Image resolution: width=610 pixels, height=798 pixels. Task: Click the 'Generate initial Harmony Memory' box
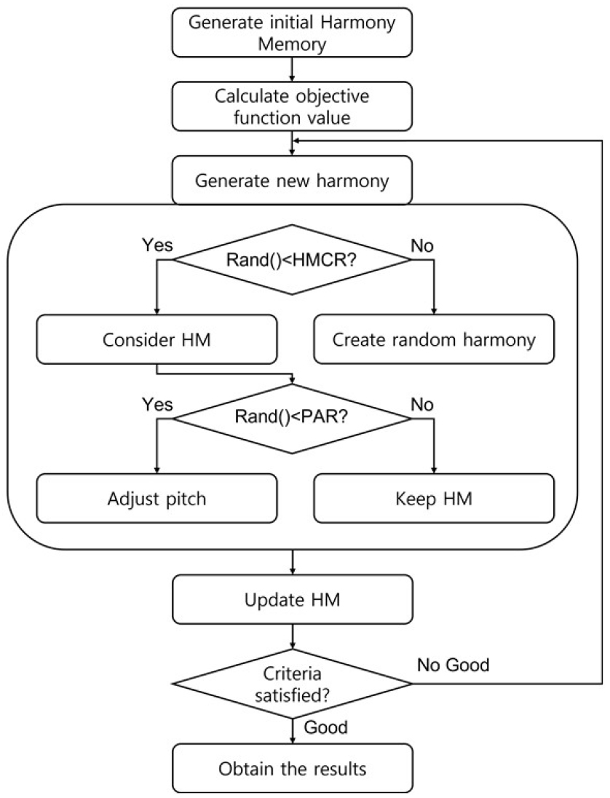[x=292, y=32]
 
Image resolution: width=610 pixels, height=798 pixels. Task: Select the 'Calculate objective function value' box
[x=292, y=106]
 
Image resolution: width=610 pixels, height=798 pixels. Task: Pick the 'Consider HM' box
[x=157, y=339]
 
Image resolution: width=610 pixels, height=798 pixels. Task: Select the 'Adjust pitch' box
[x=157, y=498]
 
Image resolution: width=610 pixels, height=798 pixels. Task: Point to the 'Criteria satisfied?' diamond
[x=292, y=684]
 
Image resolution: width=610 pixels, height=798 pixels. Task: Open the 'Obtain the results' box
[x=292, y=767]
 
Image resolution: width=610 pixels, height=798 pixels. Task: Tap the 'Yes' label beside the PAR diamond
[x=157, y=405]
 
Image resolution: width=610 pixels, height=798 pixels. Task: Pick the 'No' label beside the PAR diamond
[x=422, y=405]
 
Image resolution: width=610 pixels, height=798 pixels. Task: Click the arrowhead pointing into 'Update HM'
[x=292, y=572]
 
